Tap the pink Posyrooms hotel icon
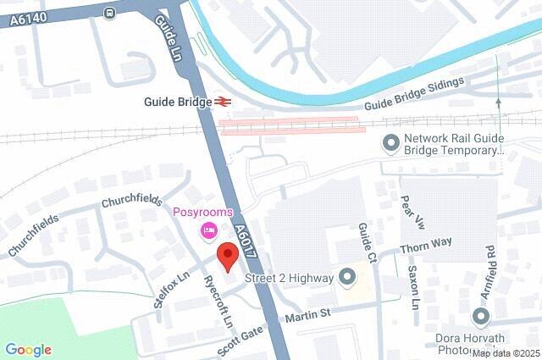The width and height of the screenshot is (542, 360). [207, 230]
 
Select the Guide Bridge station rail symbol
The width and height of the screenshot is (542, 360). [224, 102]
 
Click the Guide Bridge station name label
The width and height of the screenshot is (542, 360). [177, 102]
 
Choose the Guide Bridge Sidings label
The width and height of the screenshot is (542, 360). [415, 94]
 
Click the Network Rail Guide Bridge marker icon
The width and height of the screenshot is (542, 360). [391, 143]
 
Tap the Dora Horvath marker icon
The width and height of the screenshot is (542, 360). [481, 318]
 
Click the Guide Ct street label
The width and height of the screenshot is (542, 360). [367, 241]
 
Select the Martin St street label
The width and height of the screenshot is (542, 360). [307, 315]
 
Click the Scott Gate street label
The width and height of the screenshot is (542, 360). [239, 340]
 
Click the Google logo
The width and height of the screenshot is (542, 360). [28, 349]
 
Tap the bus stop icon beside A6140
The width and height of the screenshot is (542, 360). [109, 13]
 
